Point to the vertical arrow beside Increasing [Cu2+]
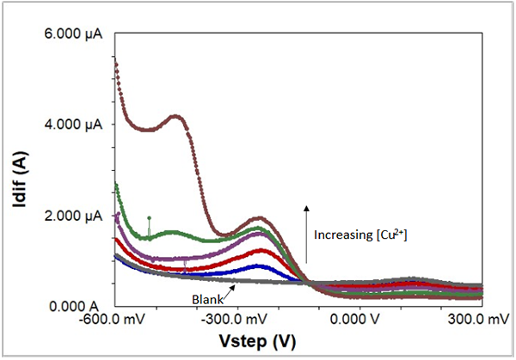point(305,232)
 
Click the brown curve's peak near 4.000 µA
point(176,117)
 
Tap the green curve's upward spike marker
point(149,218)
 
